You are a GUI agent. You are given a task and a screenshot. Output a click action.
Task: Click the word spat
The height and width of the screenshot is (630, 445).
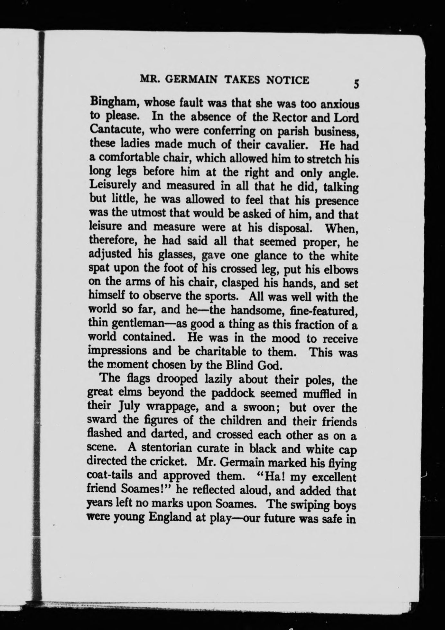coord(98,269)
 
